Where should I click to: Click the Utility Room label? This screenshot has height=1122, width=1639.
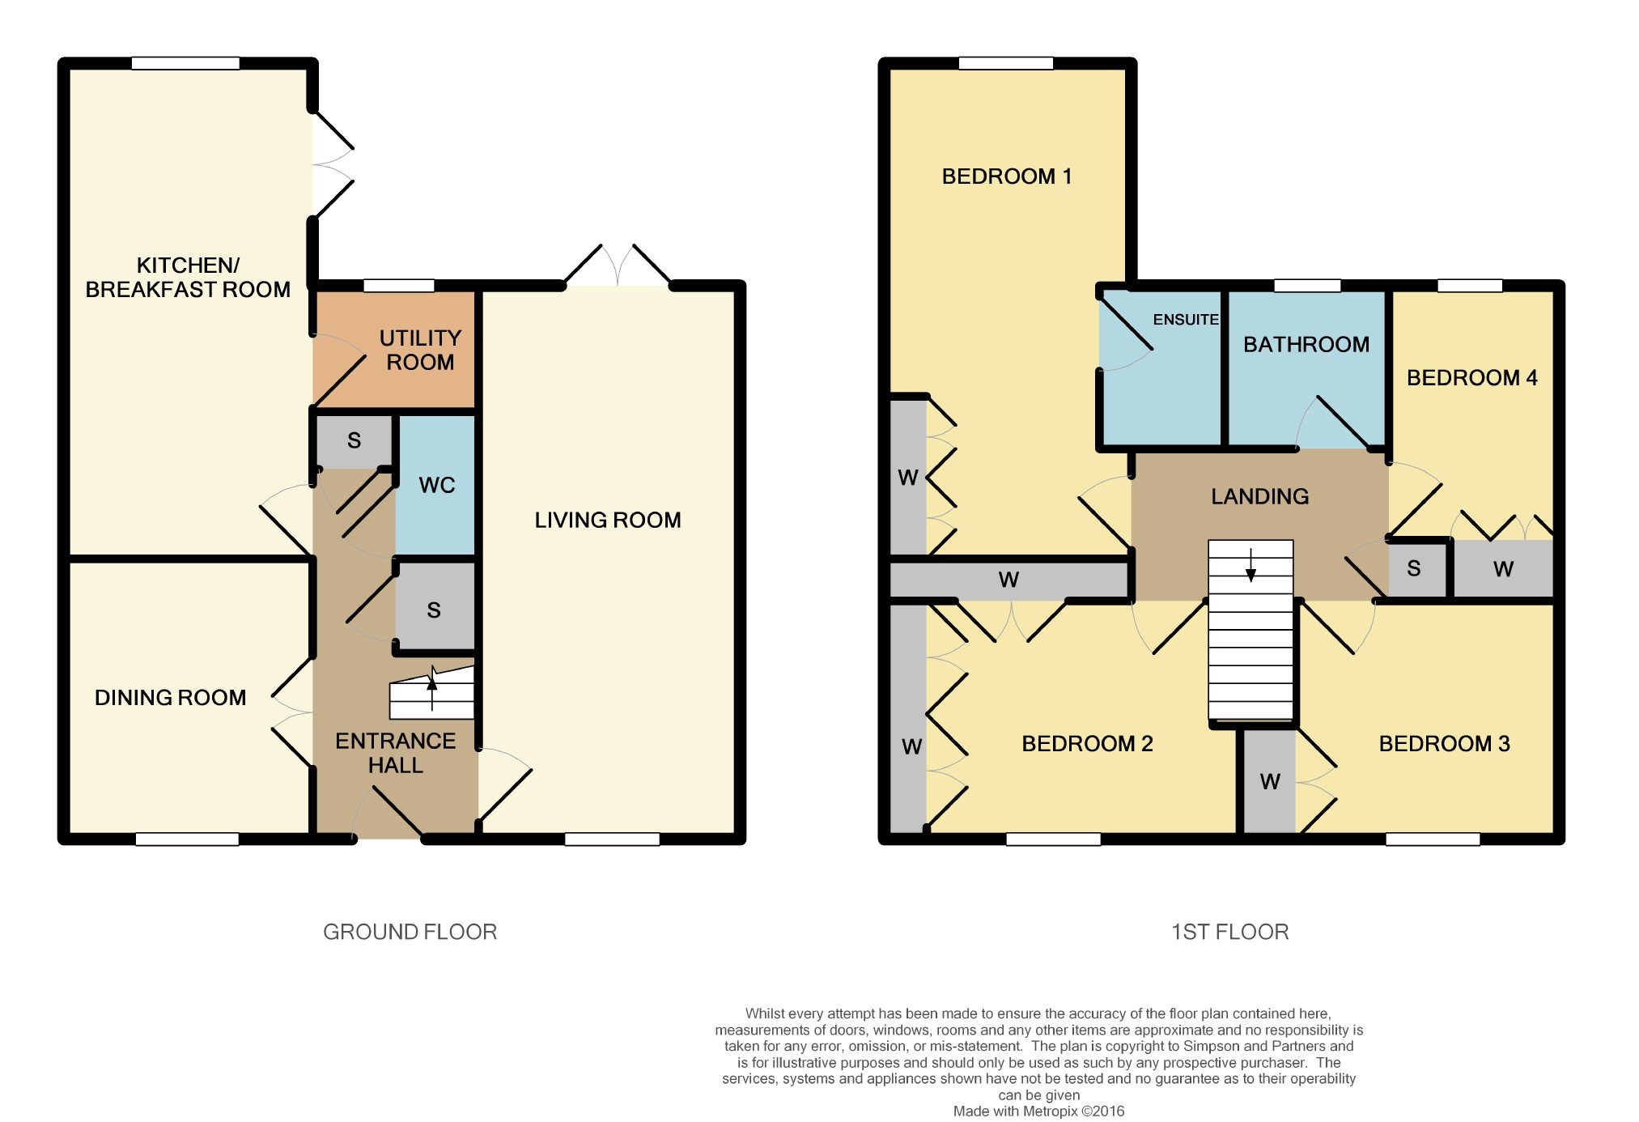pyautogui.click(x=420, y=350)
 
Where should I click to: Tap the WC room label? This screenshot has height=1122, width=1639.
pyautogui.click(x=437, y=485)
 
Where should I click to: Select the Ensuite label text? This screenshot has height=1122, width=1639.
pyautogui.click(x=1186, y=320)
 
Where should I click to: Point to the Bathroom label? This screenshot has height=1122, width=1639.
pyautogui.click(x=1306, y=344)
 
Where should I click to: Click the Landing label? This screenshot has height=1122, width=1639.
pyautogui.click(x=1259, y=496)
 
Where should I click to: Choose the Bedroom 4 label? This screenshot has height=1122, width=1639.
pyautogui.click(x=1471, y=377)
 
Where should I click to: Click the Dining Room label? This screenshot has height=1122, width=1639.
pyautogui.click(x=170, y=697)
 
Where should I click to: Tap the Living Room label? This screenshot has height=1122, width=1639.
pyautogui.click(x=608, y=520)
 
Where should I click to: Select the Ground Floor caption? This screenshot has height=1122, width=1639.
pyautogui.click(x=410, y=932)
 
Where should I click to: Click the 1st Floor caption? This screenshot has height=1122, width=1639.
pyautogui.click(x=1230, y=932)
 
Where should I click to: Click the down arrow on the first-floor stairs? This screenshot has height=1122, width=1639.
pyautogui.click(x=1250, y=565)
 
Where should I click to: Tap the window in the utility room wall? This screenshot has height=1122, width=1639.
pyautogui.click(x=399, y=285)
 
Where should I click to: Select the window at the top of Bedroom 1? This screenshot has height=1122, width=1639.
pyautogui.click(x=1006, y=63)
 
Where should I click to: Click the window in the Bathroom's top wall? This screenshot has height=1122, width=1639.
pyautogui.click(x=1307, y=285)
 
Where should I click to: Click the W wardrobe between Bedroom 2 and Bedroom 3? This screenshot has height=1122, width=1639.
pyautogui.click(x=1269, y=781)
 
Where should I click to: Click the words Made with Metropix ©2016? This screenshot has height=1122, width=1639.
pyautogui.click(x=1038, y=1111)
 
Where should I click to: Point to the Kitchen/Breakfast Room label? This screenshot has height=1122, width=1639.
pyautogui.click(x=188, y=277)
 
